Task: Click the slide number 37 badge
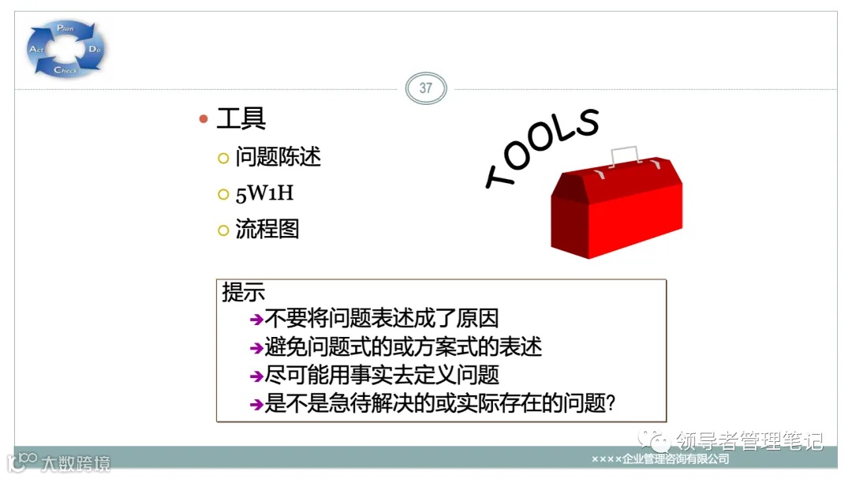point(425,88)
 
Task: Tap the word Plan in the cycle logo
point(65,28)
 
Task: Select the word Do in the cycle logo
point(95,49)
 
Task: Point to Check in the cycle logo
point(65,71)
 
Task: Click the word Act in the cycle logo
point(36,49)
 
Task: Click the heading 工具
point(241,119)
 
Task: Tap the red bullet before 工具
point(203,120)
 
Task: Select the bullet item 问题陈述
point(278,157)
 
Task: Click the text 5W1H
point(264,193)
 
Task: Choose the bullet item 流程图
point(267,230)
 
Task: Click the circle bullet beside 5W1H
point(222,194)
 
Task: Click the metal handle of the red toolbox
point(623,155)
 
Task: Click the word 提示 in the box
point(243,293)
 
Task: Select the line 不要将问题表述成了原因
point(382,319)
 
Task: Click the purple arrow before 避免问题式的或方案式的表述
point(256,348)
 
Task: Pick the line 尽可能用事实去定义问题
point(382,376)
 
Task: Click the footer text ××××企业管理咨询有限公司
point(660,459)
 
